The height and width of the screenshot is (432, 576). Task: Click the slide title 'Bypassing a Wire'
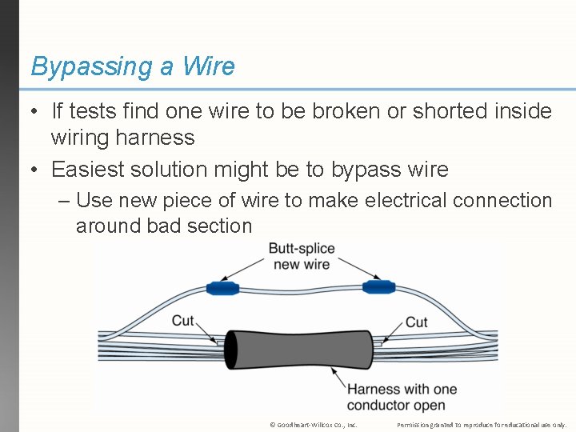pos(132,66)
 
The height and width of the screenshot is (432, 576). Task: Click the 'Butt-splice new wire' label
pos(301,256)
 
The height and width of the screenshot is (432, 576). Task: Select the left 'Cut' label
pos(183,321)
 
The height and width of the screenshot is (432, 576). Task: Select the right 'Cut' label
pos(416,322)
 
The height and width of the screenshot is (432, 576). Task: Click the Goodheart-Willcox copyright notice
pos(313,425)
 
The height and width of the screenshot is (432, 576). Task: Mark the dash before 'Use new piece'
pos(64,200)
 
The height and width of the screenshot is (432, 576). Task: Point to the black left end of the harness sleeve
pos(230,349)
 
